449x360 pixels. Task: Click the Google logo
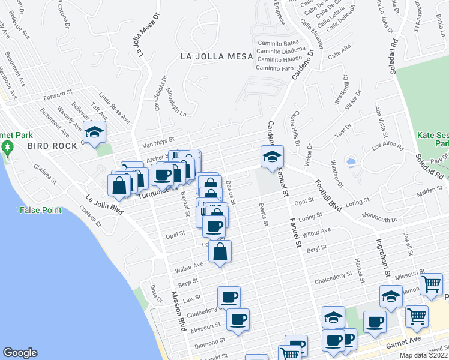pos(20,353)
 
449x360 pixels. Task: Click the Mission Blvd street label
pos(178,311)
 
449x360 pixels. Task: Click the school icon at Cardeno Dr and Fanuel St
pos(272,156)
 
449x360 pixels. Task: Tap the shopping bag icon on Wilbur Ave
pos(220,253)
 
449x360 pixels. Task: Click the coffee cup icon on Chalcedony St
pos(228,297)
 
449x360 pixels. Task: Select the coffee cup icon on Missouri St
pos(238,319)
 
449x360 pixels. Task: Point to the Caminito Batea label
pos(278,43)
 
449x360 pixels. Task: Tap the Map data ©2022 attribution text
pos(423,355)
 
